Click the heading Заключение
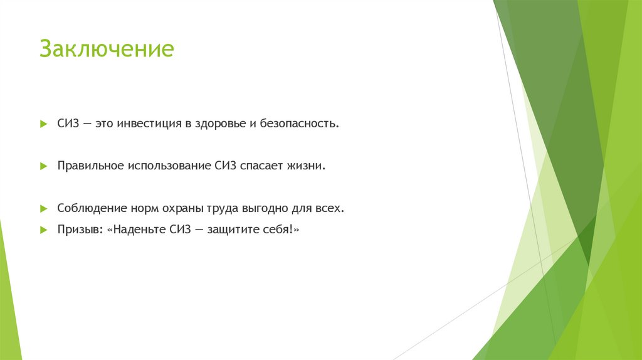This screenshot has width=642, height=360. pyautogui.click(x=106, y=49)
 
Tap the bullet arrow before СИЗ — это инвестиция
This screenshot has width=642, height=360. pyautogui.click(x=43, y=124)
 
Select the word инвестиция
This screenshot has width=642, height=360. pyautogui.click(x=149, y=124)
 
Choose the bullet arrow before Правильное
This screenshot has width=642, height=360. pyautogui.click(x=43, y=166)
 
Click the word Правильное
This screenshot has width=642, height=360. pyautogui.click(x=90, y=166)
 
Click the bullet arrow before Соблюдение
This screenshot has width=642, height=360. pyautogui.click(x=43, y=208)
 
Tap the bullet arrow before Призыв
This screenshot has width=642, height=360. pyautogui.click(x=43, y=230)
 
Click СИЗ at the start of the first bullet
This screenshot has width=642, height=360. pyautogui.click(x=68, y=124)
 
